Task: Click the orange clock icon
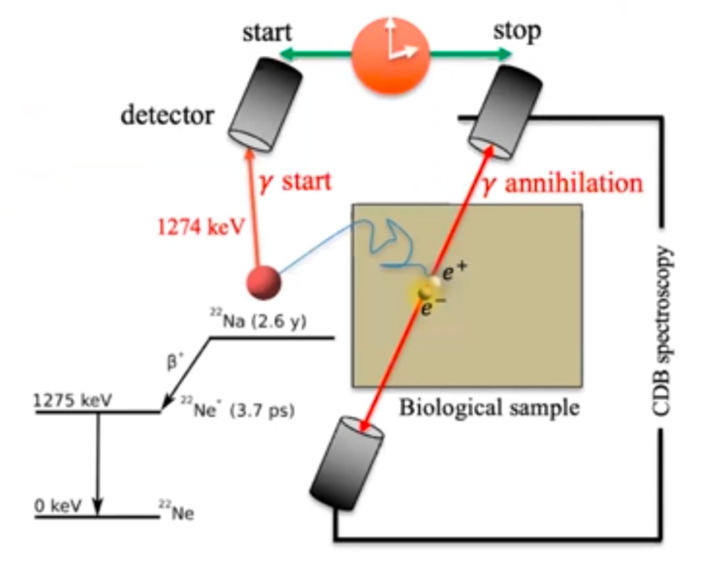[391, 54]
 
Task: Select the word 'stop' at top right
[516, 31]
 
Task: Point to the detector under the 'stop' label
[505, 112]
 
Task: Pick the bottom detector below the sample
[346, 462]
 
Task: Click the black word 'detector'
[167, 115]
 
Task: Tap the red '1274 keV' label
[200, 227]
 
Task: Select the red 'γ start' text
[295, 182]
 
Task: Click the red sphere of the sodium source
[264, 282]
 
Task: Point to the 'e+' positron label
[454, 270]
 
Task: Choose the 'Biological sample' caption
[489, 407]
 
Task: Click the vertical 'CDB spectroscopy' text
[662, 330]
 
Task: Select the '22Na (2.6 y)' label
[258, 320]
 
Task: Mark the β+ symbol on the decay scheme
[175, 362]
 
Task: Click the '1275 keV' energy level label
[72, 400]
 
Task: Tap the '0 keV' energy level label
[58, 505]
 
